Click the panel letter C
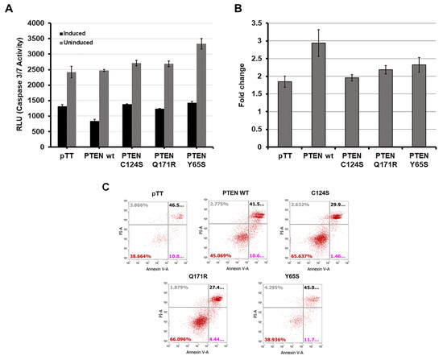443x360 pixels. [106, 187]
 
